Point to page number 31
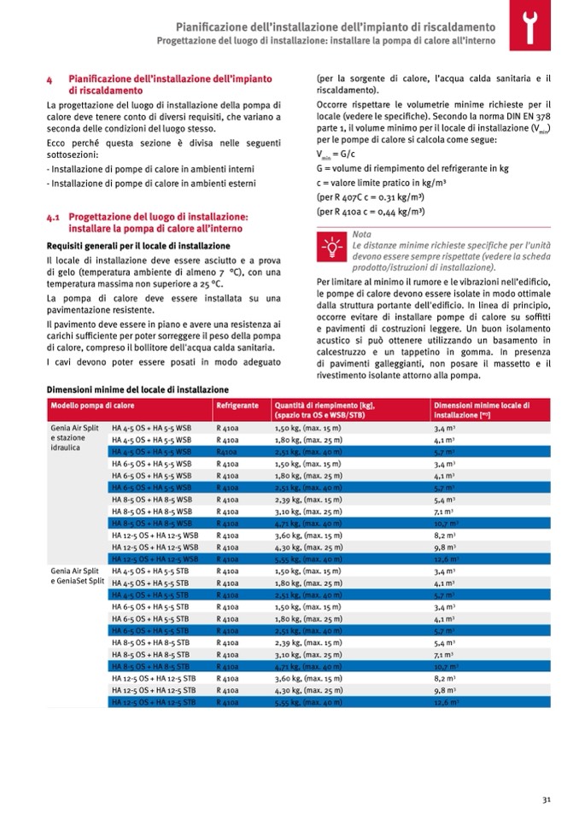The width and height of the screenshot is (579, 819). click(546, 800)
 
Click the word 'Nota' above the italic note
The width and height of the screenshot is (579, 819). click(361, 233)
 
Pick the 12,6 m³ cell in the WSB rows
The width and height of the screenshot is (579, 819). click(447, 559)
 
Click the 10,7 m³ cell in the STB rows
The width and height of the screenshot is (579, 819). click(447, 665)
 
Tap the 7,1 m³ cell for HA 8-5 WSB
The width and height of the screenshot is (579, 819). click(444, 511)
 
